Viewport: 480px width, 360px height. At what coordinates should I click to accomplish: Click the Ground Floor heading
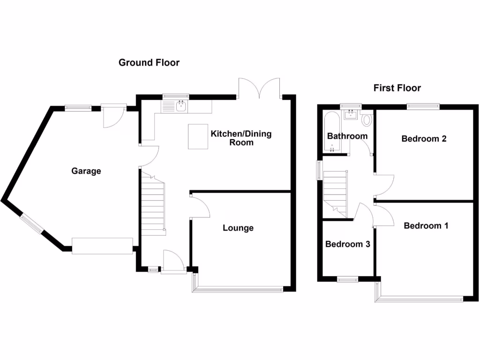pos(149,62)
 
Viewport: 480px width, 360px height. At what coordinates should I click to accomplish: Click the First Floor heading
pos(397,88)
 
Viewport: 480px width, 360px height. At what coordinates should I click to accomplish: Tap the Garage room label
pos(86,171)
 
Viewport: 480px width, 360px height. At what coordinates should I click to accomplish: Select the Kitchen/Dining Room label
pos(241,138)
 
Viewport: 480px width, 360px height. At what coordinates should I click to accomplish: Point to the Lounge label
pos(238,228)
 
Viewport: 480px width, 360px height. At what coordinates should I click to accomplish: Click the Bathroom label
pos(347,136)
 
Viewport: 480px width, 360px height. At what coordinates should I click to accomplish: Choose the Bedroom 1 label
pos(426,225)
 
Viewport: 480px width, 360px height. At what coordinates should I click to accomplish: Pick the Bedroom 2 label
pos(424,138)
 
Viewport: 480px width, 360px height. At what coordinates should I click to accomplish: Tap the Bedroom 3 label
pos(347,244)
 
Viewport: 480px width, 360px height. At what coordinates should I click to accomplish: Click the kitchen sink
pos(181,107)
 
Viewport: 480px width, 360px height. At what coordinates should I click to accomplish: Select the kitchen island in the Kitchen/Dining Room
pos(198,136)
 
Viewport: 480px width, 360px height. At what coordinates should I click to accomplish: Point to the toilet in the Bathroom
pos(367,120)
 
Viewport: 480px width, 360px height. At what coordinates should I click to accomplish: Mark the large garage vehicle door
pos(102,246)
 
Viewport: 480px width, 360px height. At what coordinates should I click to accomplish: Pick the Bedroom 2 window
pos(423,106)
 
